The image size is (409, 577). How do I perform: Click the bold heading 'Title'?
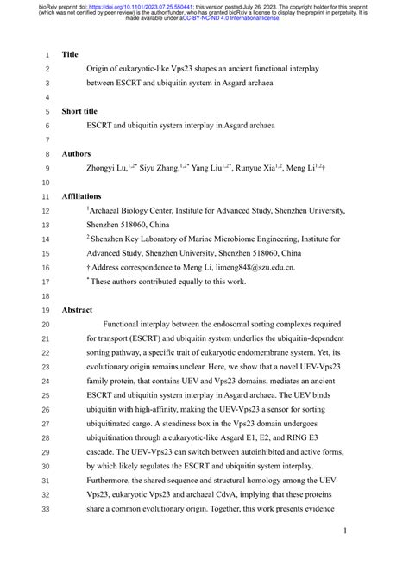tap(70, 53)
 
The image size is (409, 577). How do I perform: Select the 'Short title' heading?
tap(80, 111)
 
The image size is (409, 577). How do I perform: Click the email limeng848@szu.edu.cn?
tap(256, 268)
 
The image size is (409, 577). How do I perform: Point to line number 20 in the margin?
tap(46, 324)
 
